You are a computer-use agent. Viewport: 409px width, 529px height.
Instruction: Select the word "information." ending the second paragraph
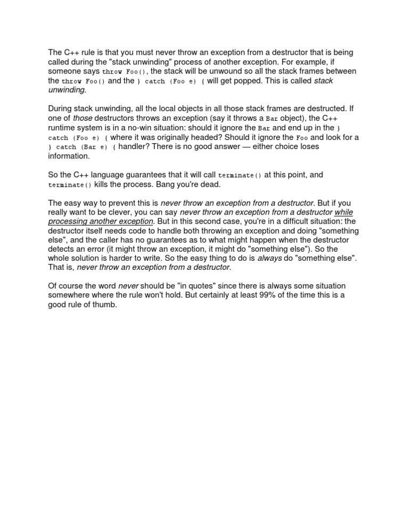tap(69, 156)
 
